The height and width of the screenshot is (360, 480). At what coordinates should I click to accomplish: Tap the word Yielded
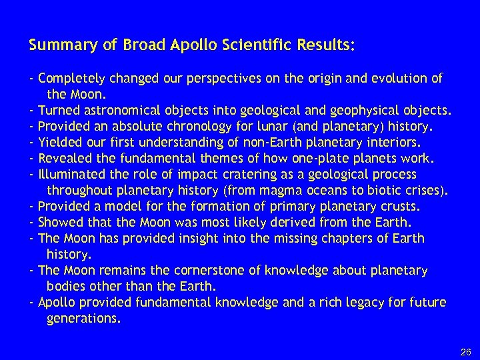point(59,142)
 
